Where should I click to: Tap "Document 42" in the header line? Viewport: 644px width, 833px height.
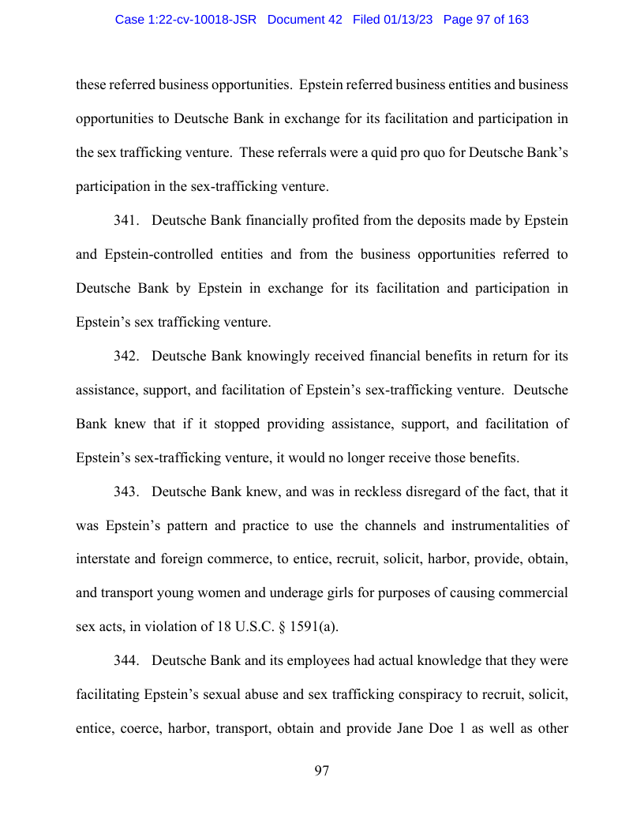point(305,20)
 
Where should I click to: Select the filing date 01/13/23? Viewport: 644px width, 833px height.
point(407,20)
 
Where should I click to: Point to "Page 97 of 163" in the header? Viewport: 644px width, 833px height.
point(486,20)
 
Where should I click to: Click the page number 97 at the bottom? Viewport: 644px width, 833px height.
point(321,771)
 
